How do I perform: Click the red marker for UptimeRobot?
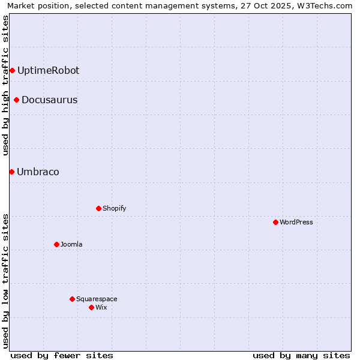pyautogui.click(x=12, y=71)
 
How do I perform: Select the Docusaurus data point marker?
pyautogui.click(x=16, y=100)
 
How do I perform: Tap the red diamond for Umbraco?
pyautogui.click(x=11, y=172)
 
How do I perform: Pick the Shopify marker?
pyautogui.click(x=98, y=208)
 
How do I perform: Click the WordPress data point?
pyautogui.click(x=275, y=222)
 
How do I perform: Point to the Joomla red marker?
pyautogui.click(x=56, y=244)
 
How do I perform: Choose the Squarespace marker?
pyautogui.click(x=72, y=299)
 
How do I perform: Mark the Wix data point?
pyautogui.click(x=91, y=307)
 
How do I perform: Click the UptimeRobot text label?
pyautogui.click(x=48, y=71)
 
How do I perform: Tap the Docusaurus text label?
pyautogui.click(x=49, y=100)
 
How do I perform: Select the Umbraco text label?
pyautogui.click(x=38, y=172)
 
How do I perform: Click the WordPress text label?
pyautogui.click(x=296, y=222)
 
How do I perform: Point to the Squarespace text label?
pyautogui.click(x=97, y=299)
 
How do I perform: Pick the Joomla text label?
pyautogui.click(x=71, y=244)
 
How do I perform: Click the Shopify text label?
pyautogui.click(x=114, y=208)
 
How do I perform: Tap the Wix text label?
pyautogui.click(x=101, y=307)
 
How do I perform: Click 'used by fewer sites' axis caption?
pyautogui.click(x=62, y=355)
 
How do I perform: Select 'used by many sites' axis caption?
pyautogui.click(x=301, y=355)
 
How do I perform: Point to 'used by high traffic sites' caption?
pyautogui.click(x=5, y=85)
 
